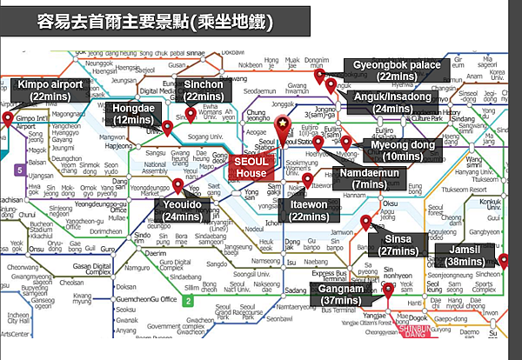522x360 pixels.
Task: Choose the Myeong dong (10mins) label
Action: pyautogui.click(x=400, y=150)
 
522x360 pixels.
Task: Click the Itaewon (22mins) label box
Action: pyautogui.click(x=310, y=210)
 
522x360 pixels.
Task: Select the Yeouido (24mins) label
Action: pyautogui.click(x=183, y=210)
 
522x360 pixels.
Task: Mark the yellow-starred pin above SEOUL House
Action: pyautogui.click(x=281, y=128)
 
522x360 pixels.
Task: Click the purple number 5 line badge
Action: pyautogui.click(x=20, y=170)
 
